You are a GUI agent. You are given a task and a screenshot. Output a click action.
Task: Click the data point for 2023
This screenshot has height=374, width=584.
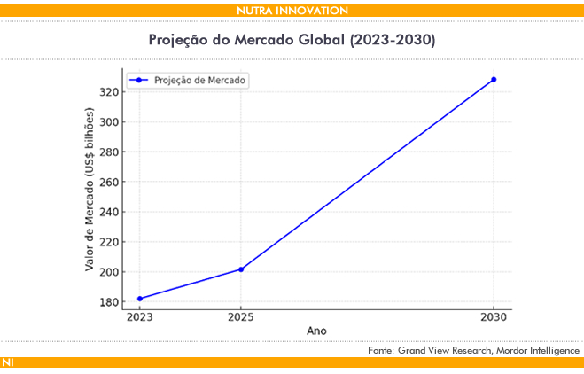(140, 299)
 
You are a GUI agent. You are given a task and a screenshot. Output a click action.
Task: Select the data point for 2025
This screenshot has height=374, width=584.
(241, 269)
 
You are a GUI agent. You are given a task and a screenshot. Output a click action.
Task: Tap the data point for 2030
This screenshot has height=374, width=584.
(494, 80)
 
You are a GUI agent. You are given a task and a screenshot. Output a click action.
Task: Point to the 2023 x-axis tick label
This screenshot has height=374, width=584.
(140, 316)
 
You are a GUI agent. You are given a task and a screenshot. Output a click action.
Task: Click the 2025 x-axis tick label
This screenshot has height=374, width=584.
(241, 316)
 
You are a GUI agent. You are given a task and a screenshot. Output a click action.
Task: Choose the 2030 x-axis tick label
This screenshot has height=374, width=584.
(494, 316)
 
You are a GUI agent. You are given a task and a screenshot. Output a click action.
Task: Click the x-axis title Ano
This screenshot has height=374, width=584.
(316, 331)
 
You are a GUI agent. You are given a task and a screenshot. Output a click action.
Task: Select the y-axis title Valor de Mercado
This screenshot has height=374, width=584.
(90, 190)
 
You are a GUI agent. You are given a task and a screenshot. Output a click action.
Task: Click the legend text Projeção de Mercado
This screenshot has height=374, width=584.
(200, 80)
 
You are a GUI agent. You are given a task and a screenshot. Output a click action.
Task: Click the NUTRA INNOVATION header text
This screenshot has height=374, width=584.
(292, 10)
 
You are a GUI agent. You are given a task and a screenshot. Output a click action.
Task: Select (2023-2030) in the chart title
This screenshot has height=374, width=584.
(394, 40)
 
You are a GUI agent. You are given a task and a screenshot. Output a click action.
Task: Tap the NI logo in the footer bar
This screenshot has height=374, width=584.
(8, 363)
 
